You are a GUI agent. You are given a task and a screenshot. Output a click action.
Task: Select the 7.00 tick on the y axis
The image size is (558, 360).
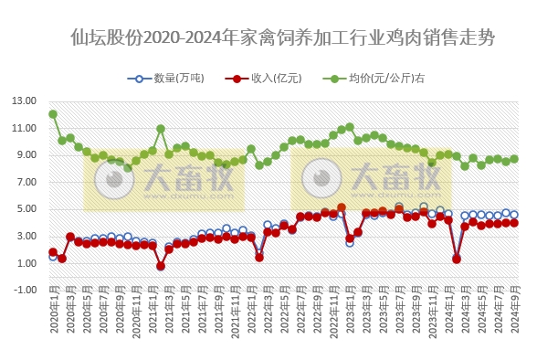(x=25, y=182)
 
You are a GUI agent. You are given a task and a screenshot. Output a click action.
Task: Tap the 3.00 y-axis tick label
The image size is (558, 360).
(x=25, y=236)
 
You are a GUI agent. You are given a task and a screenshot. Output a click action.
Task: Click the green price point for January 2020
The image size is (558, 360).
(x=53, y=114)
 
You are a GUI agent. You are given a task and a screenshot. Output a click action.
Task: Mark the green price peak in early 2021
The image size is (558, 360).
(x=161, y=129)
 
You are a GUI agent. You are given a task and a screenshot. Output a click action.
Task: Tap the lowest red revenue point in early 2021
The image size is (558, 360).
(x=161, y=266)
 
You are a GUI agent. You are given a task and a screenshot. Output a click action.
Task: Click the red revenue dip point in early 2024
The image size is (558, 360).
(x=457, y=259)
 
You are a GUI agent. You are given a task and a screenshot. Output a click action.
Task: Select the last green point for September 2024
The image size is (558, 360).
(x=514, y=158)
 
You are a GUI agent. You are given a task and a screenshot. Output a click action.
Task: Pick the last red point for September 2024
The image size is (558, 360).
(x=514, y=222)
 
